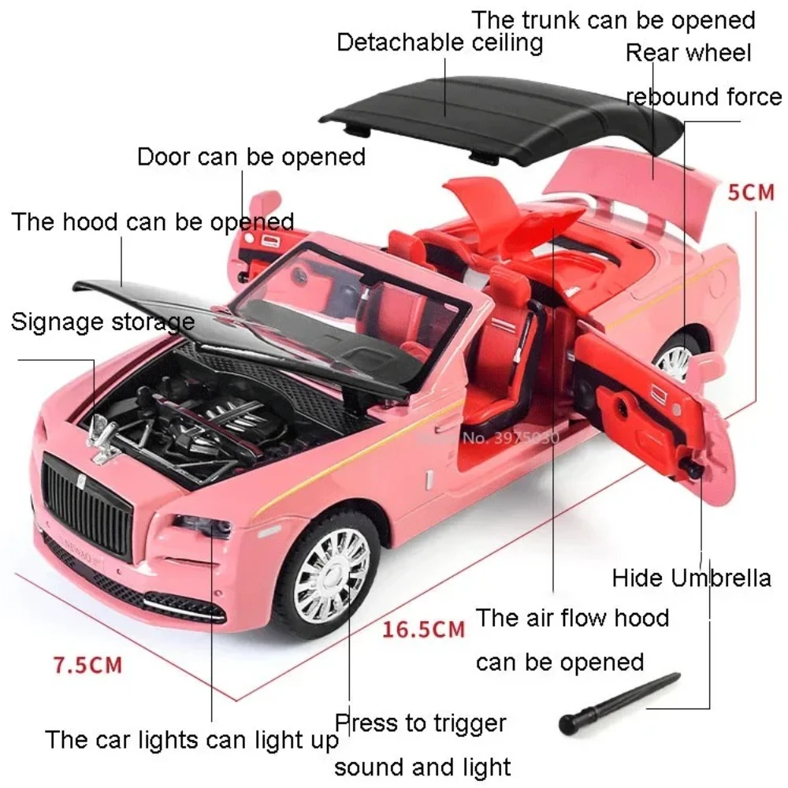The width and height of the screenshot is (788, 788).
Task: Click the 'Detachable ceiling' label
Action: (440, 42)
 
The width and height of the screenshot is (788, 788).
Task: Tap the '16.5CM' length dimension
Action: (424, 629)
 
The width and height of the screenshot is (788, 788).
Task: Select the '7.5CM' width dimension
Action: (88, 664)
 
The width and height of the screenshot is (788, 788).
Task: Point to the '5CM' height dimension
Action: (750, 191)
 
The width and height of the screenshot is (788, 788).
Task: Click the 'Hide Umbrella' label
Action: (691, 578)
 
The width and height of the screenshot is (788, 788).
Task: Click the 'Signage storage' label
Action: (102, 321)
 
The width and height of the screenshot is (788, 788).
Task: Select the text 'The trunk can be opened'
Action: (613, 19)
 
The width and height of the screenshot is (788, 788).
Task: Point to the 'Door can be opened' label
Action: (251, 156)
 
